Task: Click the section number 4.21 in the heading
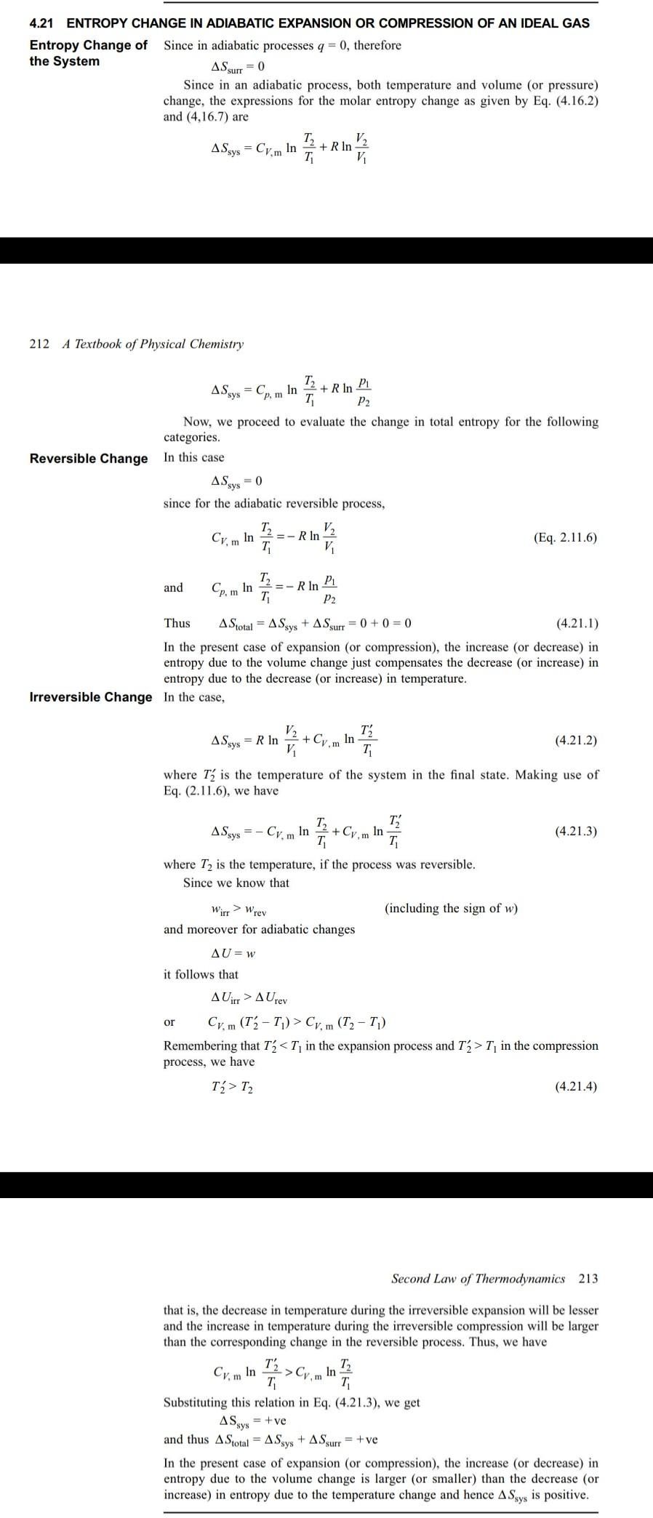point(42,23)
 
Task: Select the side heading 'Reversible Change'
point(88,459)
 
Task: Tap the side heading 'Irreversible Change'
point(91,697)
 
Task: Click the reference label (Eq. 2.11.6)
point(565,538)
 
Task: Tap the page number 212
point(39,344)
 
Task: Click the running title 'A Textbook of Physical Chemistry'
point(153,344)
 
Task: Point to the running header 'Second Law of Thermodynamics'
point(478,1278)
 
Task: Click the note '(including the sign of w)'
point(451,908)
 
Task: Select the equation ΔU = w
point(233,953)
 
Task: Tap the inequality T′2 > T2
point(232,1088)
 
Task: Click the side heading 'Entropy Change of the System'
point(88,53)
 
